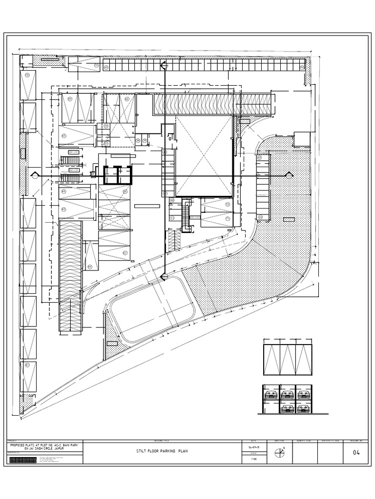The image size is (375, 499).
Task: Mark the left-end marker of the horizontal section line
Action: (35, 174)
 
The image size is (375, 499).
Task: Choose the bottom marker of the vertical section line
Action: (165, 276)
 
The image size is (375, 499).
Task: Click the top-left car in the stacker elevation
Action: (271, 394)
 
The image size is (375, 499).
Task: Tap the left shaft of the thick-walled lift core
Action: (109, 174)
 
